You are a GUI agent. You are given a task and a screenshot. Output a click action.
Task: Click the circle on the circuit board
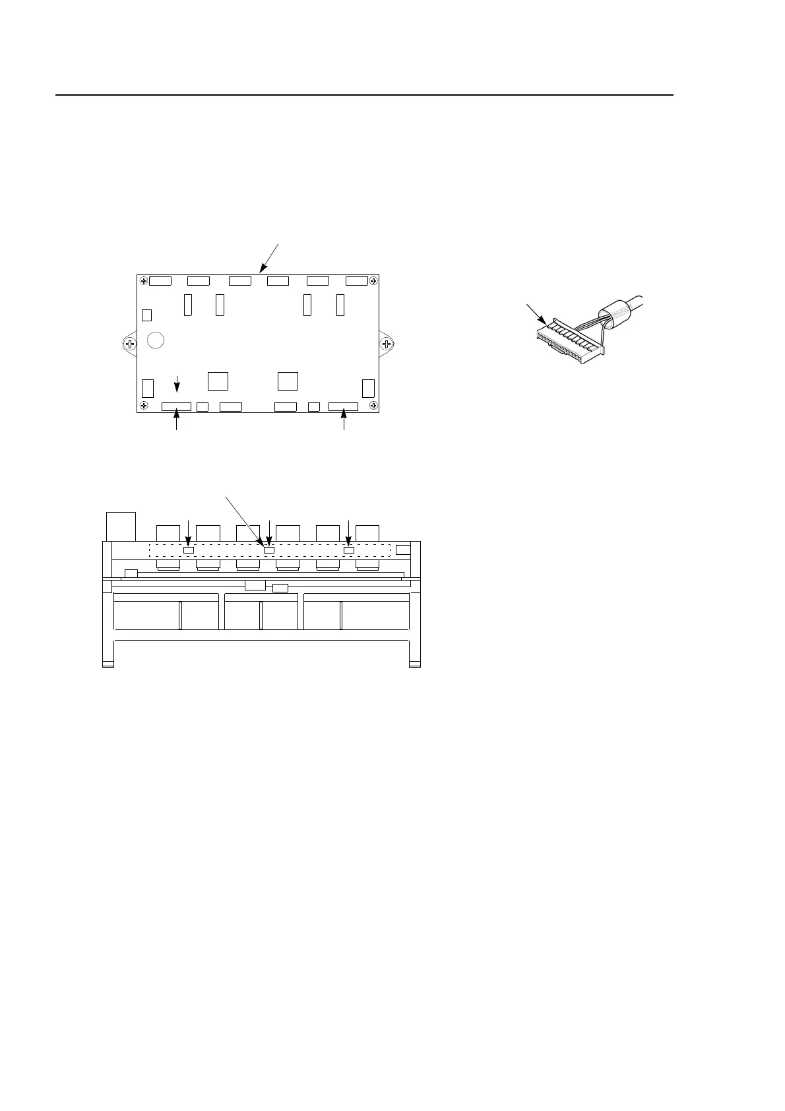click(x=155, y=340)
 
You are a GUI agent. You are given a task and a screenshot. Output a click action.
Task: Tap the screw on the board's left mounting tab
click(x=130, y=344)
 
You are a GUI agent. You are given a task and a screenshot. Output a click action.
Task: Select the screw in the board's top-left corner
click(x=143, y=280)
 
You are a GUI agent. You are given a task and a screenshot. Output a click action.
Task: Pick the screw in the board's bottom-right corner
click(x=373, y=404)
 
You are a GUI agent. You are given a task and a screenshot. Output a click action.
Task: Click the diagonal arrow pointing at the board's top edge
click(x=270, y=258)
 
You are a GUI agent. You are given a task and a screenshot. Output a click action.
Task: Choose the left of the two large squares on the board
click(x=218, y=381)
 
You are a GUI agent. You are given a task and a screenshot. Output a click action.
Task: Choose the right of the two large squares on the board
click(x=288, y=381)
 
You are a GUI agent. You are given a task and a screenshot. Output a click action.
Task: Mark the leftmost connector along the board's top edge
click(x=160, y=281)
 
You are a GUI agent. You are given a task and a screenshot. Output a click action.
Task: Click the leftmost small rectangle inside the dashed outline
click(x=188, y=550)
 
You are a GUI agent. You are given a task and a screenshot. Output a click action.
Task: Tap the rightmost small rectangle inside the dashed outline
click(x=349, y=550)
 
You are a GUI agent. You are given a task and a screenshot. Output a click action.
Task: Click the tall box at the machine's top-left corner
click(x=121, y=526)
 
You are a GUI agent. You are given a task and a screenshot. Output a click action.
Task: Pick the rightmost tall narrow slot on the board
click(x=340, y=305)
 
